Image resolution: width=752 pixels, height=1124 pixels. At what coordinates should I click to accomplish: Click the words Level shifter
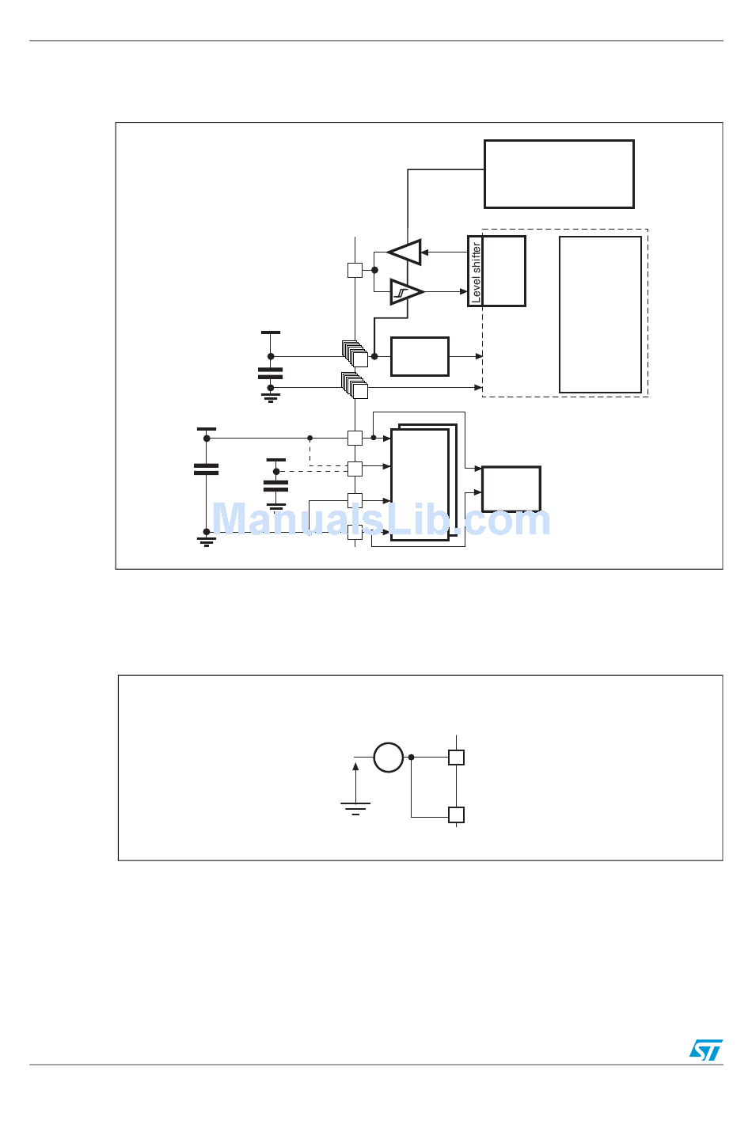point(476,272)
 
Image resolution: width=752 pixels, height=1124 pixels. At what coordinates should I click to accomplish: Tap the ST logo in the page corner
point(705,1050)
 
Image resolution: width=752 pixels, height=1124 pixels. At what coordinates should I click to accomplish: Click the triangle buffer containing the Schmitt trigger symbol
point(406,292)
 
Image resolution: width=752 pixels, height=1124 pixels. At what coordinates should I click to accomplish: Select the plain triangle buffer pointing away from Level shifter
point(406,253)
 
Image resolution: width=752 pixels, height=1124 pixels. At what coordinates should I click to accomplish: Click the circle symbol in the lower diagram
point(389,758)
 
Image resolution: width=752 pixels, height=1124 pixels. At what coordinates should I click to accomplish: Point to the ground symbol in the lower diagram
point(355,808)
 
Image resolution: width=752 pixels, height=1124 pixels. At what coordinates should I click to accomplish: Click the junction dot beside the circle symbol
point(411,758)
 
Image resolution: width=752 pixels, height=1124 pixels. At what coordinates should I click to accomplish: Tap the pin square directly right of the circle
point(456,758)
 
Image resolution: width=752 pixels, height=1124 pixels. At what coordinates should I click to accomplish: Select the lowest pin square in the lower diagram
point(456,815)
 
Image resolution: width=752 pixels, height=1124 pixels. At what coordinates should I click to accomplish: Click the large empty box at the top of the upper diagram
point(559,174)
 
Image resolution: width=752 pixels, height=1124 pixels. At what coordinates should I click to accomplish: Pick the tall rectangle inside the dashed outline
point(600,314)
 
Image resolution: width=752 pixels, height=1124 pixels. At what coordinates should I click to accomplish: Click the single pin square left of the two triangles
point(355,270)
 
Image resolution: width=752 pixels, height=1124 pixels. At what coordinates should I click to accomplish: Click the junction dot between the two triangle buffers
point(374,270)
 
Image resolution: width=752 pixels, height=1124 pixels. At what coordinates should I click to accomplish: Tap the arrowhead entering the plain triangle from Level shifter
point(425,253)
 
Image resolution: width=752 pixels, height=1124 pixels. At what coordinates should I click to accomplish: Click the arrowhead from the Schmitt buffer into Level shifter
point(464,292)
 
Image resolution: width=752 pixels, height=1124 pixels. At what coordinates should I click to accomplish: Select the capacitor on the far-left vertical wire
point(206,469)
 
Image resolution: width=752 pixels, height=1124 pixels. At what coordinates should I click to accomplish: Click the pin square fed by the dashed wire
point(355,469)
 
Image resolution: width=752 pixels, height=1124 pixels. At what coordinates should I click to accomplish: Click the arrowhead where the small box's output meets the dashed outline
point(479,357)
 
